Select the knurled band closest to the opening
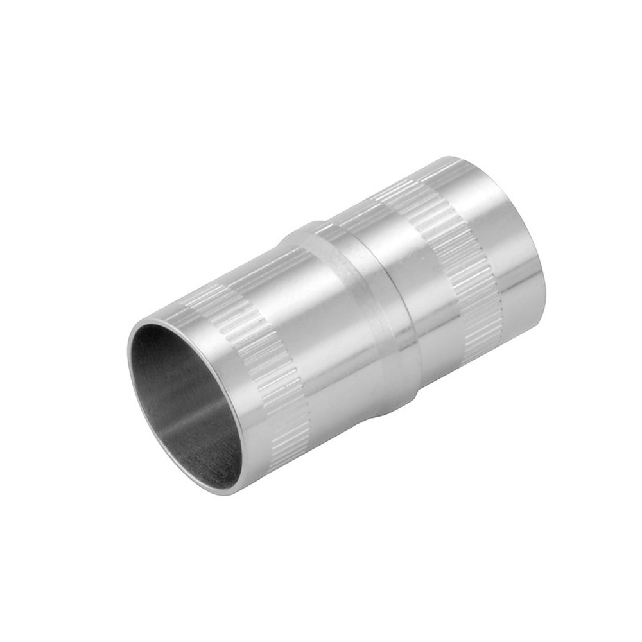257,360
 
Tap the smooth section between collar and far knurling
411,282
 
